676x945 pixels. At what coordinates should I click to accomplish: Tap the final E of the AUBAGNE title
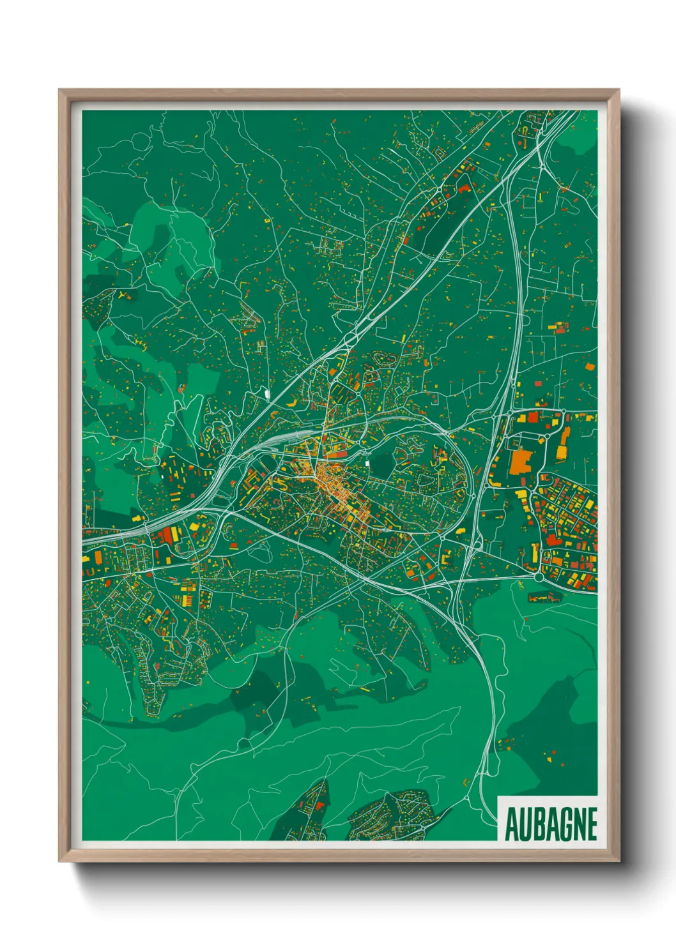point(590,824)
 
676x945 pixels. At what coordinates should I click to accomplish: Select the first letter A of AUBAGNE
point(511,824)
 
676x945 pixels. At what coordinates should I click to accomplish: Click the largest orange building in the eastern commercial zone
point(521,461)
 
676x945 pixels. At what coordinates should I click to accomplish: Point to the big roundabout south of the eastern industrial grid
point(539,577)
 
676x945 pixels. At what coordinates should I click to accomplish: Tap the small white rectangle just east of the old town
point(367,463)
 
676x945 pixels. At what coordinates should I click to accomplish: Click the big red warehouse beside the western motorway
point(167,535)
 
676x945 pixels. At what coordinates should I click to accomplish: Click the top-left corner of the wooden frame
point(59,91)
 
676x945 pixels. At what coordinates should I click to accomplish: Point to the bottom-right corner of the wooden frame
point(618,861)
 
